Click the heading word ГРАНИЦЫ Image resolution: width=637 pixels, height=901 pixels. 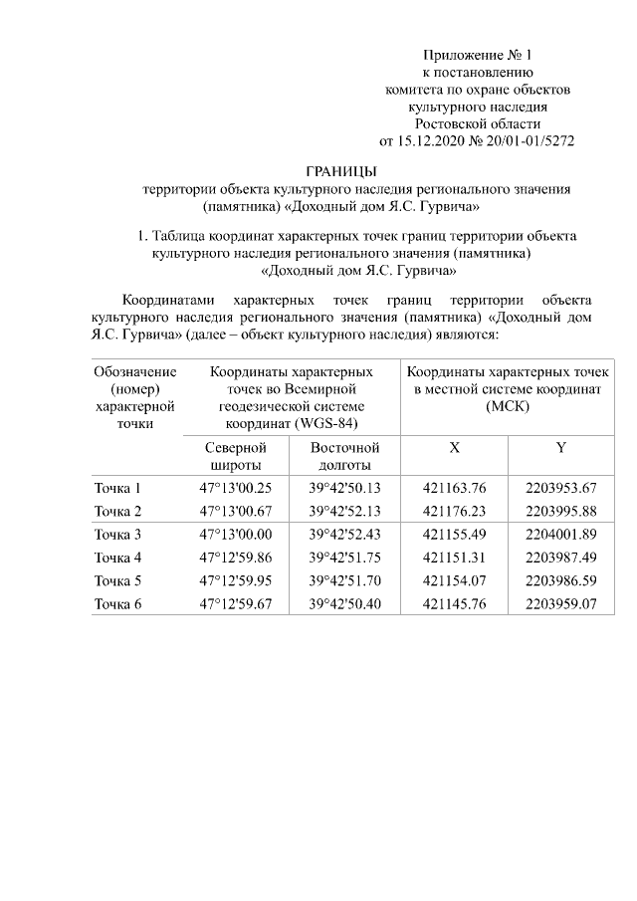coord(340,171)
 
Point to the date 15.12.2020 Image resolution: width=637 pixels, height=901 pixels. coord(433,140)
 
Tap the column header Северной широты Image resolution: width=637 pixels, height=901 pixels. coord(235,456)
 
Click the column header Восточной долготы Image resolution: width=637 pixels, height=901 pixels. coord(344,456)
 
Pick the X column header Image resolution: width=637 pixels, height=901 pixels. coord(454,448)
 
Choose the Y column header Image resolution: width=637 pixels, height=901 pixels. coord(560,448)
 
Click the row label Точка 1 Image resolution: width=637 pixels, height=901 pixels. coord(117,488)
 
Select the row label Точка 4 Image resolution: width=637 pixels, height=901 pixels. coord(117,557)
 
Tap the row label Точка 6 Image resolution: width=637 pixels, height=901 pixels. coord(117,603)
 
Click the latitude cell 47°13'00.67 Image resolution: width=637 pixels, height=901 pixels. coord(235,511)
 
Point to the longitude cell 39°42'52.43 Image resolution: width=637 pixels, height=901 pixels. coord(344,535)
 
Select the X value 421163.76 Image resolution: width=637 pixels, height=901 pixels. coord(454,488)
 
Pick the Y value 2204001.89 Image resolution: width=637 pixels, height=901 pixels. coord(560,535)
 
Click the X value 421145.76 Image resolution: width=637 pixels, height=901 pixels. coord(454,603)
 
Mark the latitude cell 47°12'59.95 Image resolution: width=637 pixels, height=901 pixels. coord(235,580)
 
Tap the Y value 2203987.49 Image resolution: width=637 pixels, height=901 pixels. coord(560,557)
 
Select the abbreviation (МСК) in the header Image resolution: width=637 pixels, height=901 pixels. coord(508,406)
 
